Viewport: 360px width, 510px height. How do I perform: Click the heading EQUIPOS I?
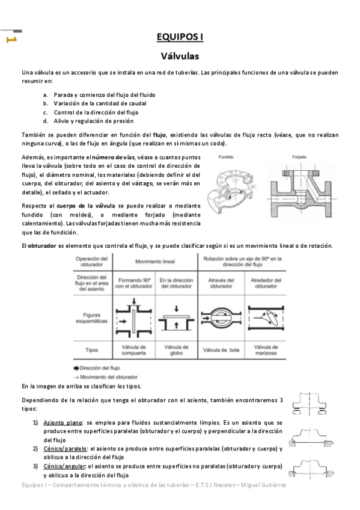tap(180, 37)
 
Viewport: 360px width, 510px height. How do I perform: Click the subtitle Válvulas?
tap(180, 57)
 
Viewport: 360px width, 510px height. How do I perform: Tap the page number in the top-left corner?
tap(10, 40)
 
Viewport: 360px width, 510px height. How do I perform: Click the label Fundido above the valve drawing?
tap(226, 156)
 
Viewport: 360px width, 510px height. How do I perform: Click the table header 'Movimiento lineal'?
tap(155, 262)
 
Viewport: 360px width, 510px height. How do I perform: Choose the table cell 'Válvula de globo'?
tap(176, 350)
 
